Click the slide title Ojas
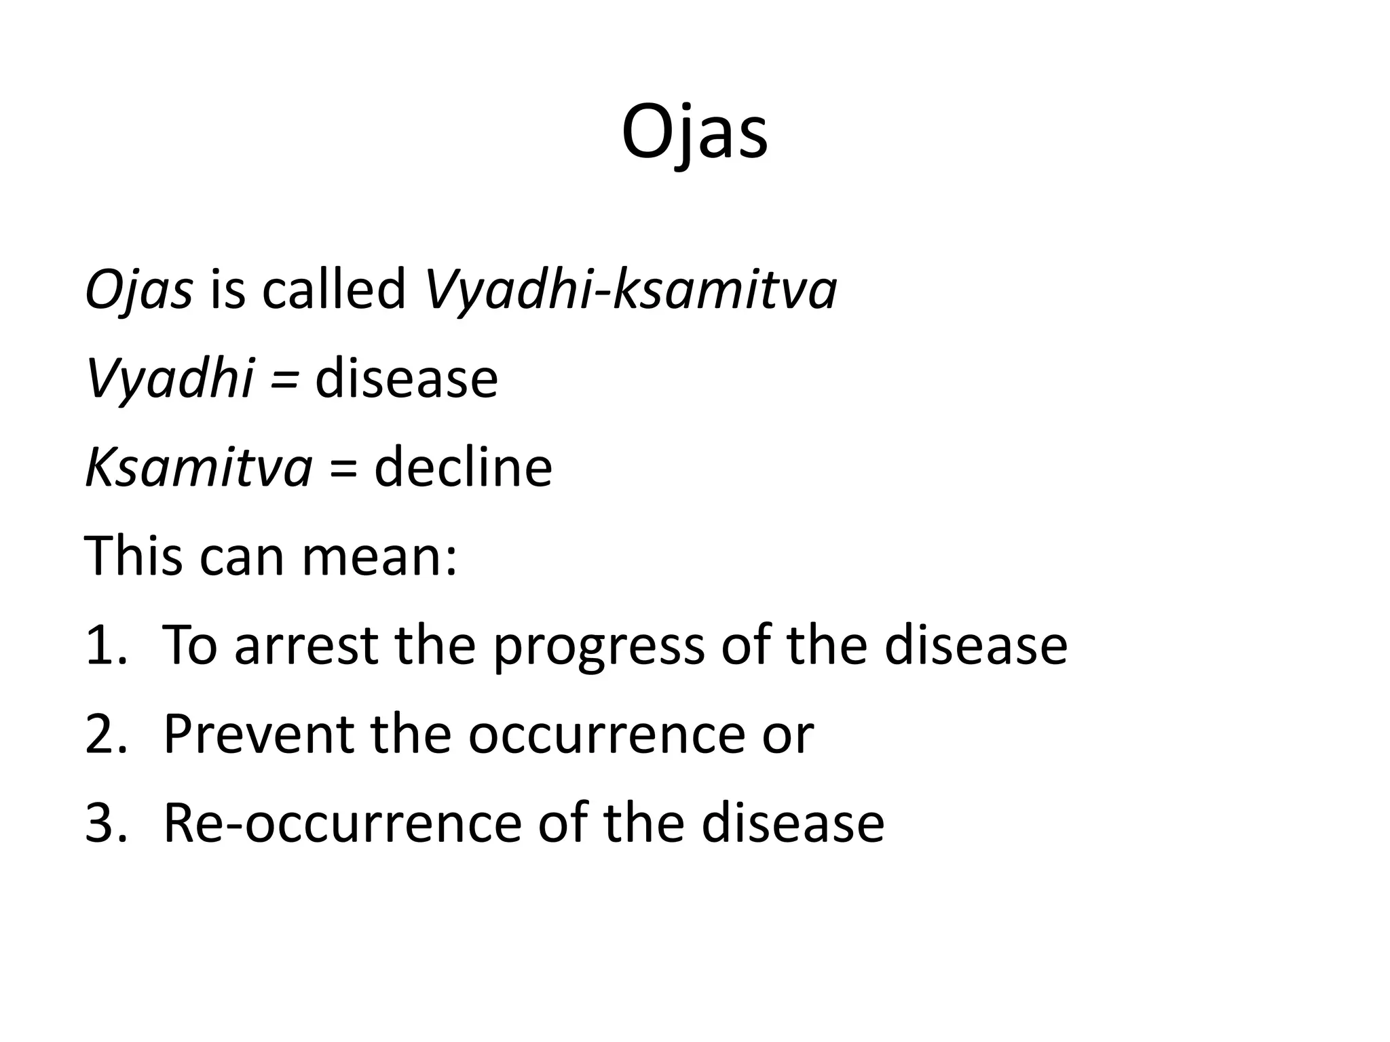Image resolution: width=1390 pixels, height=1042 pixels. point(694,134)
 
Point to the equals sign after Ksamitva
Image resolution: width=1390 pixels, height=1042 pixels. point(343,468)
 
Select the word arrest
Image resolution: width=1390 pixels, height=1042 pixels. point(305,645)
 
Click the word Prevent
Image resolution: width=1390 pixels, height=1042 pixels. point(259,734)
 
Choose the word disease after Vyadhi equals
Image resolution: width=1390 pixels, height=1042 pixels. point(406,379)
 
